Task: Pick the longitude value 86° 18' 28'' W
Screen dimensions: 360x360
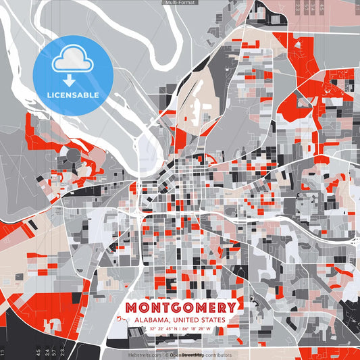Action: click(197, 329)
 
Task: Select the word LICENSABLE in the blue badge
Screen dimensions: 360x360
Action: click(72, 94)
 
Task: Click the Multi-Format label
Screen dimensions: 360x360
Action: click(180, 3)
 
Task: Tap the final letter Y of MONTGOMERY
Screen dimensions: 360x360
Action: click(232, 308)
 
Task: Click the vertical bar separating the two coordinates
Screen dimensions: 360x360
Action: click(180, 329)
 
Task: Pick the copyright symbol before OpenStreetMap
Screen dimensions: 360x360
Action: click(166, 355)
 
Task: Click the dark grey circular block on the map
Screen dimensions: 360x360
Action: click(72, 156)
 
